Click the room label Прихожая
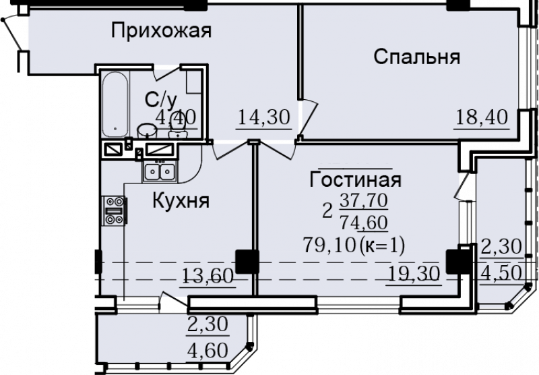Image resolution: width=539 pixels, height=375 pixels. pyautogui.click(x=161, y=32)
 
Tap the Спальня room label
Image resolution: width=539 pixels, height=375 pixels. pyautogui.click(x=416, y=57)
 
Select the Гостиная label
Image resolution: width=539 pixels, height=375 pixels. pyautogui.click(x=356, y=179)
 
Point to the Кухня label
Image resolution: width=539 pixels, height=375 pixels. pyautogui.click(x=181, y=200)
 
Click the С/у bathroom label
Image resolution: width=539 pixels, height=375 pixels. pyautogui.click(x=161, y=100)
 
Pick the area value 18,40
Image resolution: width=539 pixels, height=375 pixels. pyautogui.click(x=482, y=117)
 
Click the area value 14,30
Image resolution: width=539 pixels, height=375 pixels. pyautogui.click(x=263, y=117)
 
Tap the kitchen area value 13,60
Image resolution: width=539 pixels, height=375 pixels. pyautogui.click(x=208, y=276)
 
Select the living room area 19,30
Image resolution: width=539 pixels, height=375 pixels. pyautogui.click(x=414, y=275)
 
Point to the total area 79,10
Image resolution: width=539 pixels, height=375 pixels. pyautogui.click(x=329, y=246)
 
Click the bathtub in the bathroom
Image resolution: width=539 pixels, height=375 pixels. pyautogui.click(x=115, y=105)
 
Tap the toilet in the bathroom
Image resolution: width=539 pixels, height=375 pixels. pyautogui.click(x=177, y=129)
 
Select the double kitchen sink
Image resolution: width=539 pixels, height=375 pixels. pyautogui.click(x=160, y=171)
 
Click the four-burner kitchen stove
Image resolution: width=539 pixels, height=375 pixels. pyautogui.click(x=115, y=210)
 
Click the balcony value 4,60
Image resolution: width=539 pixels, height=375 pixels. pyautogui.click(x=208, y=351)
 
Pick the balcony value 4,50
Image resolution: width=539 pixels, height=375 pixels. pyautogui.click(x=501, y=274)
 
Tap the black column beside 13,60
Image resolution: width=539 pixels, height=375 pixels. pyautogui.click(x=247, y=262)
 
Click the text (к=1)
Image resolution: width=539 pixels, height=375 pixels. pyautogui.click(x=382, y=246)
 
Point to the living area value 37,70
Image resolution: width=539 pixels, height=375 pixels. pyautogui.click(x=364, y=200)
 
